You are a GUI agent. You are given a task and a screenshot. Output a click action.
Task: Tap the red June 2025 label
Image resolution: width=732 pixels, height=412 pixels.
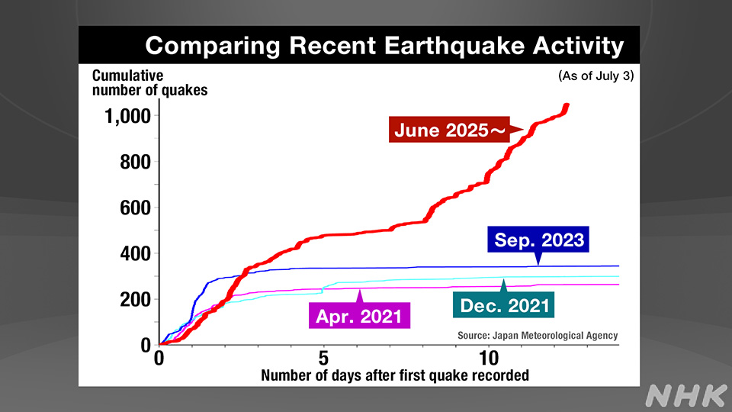(449, 130)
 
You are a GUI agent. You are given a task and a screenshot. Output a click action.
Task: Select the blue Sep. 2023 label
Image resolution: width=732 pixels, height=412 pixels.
(539, 240)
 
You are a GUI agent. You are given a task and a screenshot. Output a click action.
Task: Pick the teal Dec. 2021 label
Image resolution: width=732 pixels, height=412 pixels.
(504, 305)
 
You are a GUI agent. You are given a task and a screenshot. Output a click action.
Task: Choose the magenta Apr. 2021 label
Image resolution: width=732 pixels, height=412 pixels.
(358, 314)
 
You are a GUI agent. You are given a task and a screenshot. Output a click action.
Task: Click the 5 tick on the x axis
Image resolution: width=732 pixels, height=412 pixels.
(323, 357)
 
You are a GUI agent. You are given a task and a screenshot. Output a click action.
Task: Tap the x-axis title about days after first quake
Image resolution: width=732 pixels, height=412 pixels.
(394, 375)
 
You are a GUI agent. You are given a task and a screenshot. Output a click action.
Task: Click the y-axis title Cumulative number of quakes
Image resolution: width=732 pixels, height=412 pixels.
(149, 82)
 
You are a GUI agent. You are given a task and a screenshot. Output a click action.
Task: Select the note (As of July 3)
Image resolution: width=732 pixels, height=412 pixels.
(596, 76)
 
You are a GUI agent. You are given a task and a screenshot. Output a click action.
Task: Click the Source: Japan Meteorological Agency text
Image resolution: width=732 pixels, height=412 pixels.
(537, 335)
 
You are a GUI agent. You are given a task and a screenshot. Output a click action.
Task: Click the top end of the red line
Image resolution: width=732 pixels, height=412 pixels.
(567, 106)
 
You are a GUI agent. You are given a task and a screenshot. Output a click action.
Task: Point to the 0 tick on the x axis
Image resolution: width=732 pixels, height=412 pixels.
(159, 357)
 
